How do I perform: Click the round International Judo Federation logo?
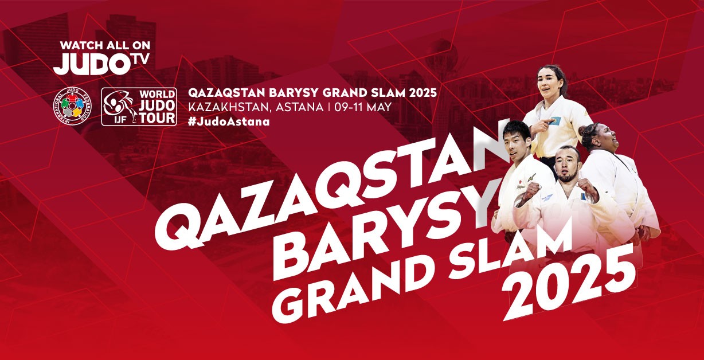pos(73,107)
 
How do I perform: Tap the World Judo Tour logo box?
pos(139,107)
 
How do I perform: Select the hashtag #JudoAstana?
pos(229,122)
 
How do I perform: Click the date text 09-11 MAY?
pos(363,107)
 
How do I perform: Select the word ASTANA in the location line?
pos(299,107)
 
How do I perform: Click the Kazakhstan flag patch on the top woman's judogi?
pos(554,120)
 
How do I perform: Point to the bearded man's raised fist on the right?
pos(588,189)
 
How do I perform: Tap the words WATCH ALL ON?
pos(105,45)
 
